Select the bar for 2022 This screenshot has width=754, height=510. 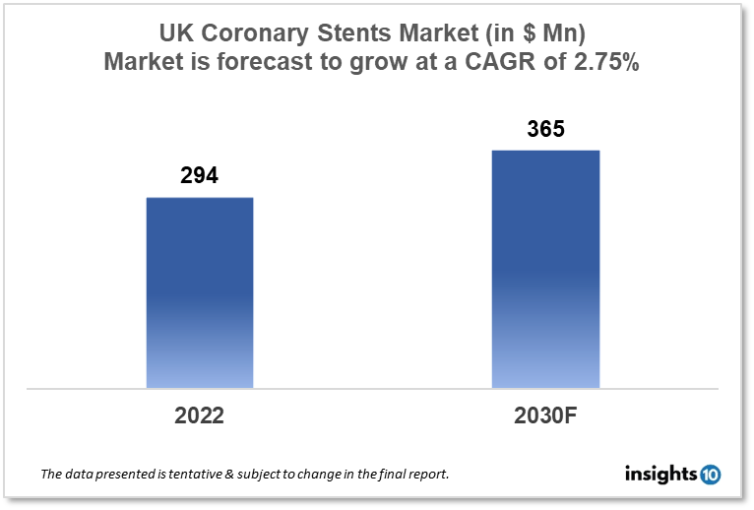(200, 292)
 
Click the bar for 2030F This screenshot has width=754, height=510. (545, 269)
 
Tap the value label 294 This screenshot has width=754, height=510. (199, 176)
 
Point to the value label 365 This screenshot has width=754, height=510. (544, 129)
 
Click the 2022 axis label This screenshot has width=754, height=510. (199, 415)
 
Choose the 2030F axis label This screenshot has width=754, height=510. (544, 415)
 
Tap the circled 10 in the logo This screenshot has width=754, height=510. (711, 475)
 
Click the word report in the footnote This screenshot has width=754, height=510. (425, 475)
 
